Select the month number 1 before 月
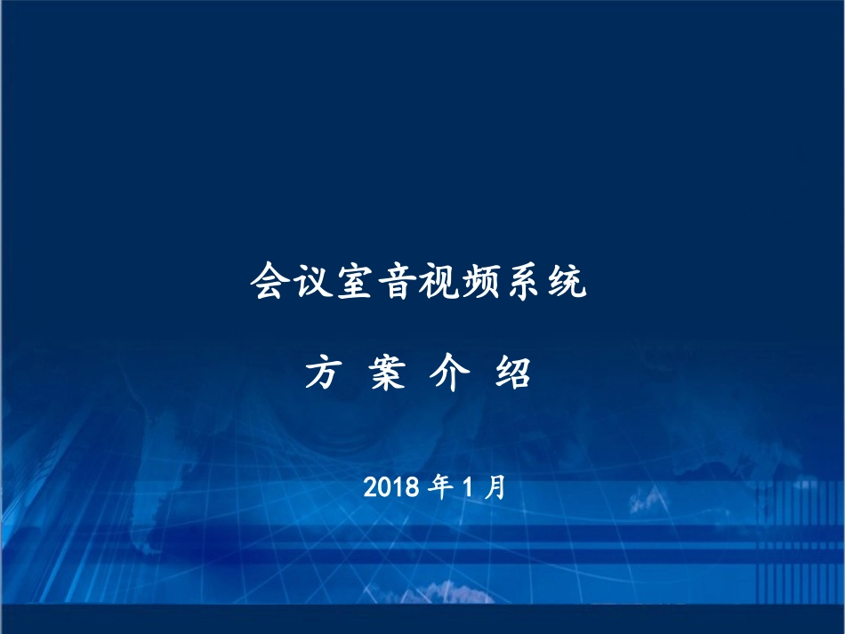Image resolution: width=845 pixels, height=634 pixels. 469,487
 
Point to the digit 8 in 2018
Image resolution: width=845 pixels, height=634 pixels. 413,487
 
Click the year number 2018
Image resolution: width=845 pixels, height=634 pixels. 391,487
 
